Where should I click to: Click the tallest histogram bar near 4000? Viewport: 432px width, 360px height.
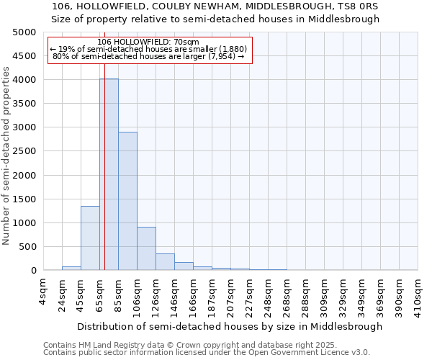[109, 174]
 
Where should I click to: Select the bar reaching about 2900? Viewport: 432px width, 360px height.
[127, 201]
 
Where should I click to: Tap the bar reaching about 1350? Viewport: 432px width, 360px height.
[90, 238]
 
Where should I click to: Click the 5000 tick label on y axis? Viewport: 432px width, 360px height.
[24, 32]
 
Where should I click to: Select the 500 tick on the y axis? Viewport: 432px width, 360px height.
[29, 247]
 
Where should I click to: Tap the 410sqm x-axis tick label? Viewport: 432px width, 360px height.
[418, 294]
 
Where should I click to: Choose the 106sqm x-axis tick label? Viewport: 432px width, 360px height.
[137, 294]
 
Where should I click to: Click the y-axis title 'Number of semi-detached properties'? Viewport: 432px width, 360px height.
[6, 156]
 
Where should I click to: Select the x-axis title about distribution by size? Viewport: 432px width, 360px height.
[230, 326]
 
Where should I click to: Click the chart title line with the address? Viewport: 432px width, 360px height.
[216, 6]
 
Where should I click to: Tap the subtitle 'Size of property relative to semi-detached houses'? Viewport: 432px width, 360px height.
[216, 19]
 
